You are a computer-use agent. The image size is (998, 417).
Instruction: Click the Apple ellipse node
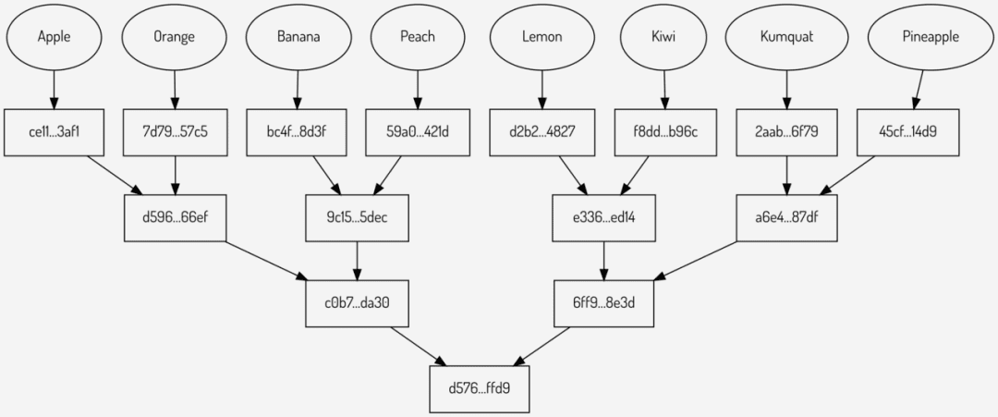tap(54, 37)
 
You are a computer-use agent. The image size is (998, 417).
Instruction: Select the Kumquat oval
tap(786, 37)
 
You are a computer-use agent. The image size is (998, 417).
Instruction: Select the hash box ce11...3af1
tap(54, 133)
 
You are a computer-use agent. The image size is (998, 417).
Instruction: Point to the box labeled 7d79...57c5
tap(175, 133)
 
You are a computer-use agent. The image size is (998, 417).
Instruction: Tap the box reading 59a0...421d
tap(417, 133)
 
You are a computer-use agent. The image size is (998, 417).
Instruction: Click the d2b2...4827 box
tap(542, 133)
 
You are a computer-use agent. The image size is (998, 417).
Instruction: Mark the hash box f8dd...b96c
tap(664, 133)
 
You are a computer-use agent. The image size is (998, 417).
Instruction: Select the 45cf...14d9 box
tap(908, 133)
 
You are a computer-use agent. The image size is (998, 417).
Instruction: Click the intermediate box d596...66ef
tap(175, 217)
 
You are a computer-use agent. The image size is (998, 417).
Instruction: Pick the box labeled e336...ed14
tap(604, 217)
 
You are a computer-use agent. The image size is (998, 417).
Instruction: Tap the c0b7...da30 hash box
tap(357, 303)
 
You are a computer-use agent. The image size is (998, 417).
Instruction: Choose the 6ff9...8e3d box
tap(604, 303)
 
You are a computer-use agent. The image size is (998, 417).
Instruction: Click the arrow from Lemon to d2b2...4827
tap(542, 90)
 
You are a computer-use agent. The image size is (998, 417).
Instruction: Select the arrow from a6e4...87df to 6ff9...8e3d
tap(696, 260)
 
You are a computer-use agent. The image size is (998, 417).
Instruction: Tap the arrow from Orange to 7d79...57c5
tap(175, 90)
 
